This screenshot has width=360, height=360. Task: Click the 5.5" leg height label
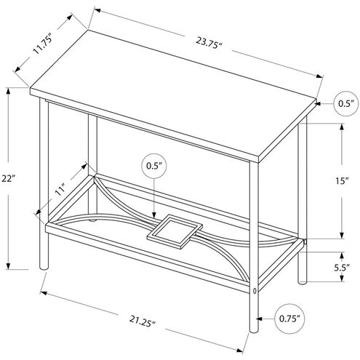click(x=341, y=268)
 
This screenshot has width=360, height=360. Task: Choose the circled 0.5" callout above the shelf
click(x=152, y=166)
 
